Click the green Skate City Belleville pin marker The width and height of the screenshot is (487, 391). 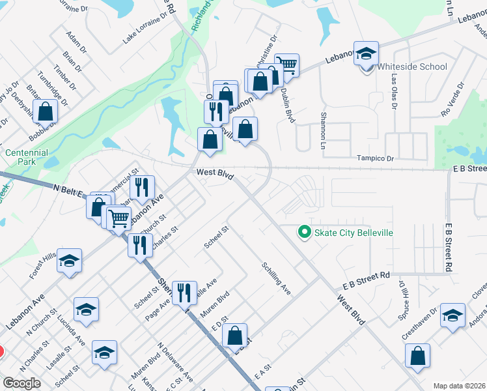coord(303,232)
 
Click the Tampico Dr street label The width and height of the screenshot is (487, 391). coord(376,158)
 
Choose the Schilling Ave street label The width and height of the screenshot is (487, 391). coord(276,278)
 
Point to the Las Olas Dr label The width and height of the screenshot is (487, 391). coord(394,91)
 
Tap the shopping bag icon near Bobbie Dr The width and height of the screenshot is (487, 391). coord(46,111)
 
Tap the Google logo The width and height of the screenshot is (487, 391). coord(21,383)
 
